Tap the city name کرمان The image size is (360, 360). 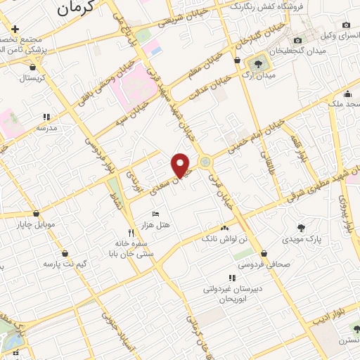click(x=75, y=10)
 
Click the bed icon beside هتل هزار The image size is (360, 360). click(x=155, y=213)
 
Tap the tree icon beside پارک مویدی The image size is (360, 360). click(x=301, y=227)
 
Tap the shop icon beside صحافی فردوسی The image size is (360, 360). click(x=264, y=254)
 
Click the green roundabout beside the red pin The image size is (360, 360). click(x=205, y=162)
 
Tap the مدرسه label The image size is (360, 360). click(x=46, y=129)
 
